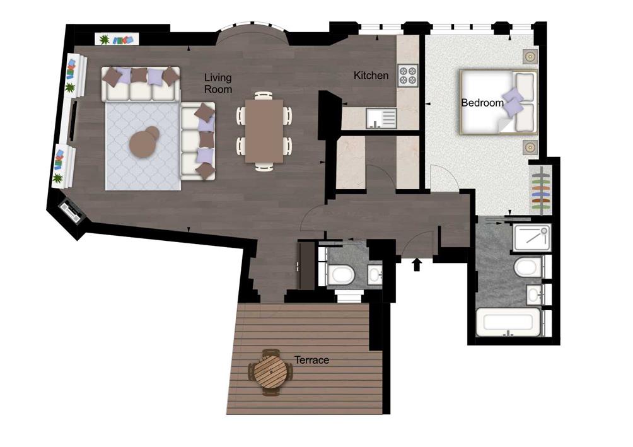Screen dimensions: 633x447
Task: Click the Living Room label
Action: (218, 83)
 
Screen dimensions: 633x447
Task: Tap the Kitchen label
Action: (371, 75)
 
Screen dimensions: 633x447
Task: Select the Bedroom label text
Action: (482, 103)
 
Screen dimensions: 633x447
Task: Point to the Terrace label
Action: (311, 360)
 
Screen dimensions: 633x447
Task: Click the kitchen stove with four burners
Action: (407, 76)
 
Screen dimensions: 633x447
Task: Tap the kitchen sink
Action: (381, 119)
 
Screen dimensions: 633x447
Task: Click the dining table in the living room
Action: (264, 131)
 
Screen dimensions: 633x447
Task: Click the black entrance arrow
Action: (417, 265)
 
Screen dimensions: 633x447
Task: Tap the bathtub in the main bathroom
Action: (508, 322)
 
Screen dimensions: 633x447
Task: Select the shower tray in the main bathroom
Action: (532, 238)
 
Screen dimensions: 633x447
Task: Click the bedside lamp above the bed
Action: (530, 57)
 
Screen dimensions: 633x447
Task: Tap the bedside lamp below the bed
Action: (530, 148)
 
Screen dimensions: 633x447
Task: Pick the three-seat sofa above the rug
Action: (141, 84)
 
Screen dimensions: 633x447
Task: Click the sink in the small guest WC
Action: (375, 275)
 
